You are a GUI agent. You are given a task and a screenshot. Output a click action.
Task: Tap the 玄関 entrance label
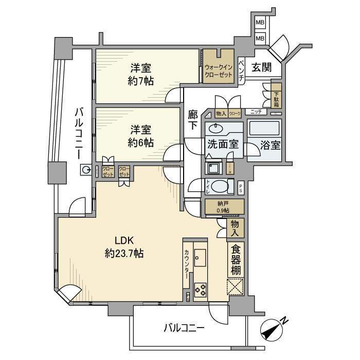click(x=262, y=66)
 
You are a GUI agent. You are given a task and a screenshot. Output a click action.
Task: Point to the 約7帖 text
click(x=140, y=81)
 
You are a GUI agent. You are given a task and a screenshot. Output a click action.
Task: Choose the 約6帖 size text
click(x=140, y=142)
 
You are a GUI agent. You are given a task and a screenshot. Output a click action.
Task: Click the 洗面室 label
click(x=223, y=144)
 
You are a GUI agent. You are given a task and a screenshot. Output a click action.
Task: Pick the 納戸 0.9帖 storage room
click(x=224, y=206)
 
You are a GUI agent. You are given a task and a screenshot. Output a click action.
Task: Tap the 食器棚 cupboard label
click(x=236, y=260)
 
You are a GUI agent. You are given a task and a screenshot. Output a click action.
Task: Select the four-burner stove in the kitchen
click(x=200, y=290)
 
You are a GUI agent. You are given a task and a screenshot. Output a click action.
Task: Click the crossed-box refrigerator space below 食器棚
click(x=236, y=287)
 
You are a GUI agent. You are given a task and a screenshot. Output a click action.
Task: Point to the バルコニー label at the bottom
click(x=184, y=328)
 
